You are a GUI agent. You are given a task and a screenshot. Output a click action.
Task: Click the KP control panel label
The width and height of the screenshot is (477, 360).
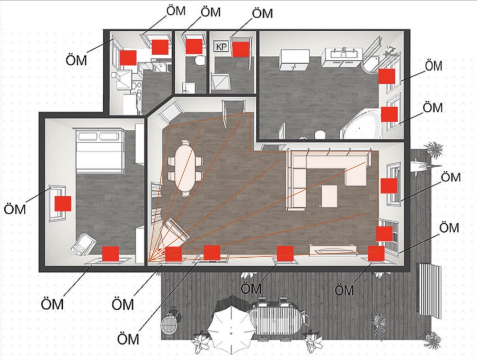coord(222,47)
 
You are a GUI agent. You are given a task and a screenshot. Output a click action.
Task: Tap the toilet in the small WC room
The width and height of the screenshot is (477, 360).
coord(200,60)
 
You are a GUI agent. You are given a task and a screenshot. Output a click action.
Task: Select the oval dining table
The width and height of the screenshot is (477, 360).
coord(185,168)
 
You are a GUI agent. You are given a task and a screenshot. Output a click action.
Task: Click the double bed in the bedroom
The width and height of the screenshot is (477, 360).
coord(100,151)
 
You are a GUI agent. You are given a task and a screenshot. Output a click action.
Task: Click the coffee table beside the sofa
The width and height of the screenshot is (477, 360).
coord(329,196)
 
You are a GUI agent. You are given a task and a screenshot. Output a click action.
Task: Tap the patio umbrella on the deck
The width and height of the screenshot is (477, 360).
coord(231,330)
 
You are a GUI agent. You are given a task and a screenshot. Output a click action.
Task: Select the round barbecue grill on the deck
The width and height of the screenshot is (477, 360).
coord(168,324)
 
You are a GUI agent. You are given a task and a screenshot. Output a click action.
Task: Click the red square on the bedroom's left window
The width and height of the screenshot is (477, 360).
coord(63,204)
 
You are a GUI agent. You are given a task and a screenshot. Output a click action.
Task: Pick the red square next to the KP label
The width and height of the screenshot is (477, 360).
coord(241,49)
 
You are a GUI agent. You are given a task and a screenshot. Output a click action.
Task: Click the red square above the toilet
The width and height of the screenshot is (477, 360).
coord(194,46)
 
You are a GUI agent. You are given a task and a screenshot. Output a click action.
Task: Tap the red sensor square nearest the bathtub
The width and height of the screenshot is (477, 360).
coord(390,114)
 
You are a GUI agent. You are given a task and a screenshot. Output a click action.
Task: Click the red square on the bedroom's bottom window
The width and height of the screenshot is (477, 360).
coord(110,254)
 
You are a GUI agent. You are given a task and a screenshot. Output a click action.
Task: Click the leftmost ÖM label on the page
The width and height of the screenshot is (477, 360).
coord(15,209)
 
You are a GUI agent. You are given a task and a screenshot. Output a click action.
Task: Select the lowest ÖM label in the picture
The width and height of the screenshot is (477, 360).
coord(128,338)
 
